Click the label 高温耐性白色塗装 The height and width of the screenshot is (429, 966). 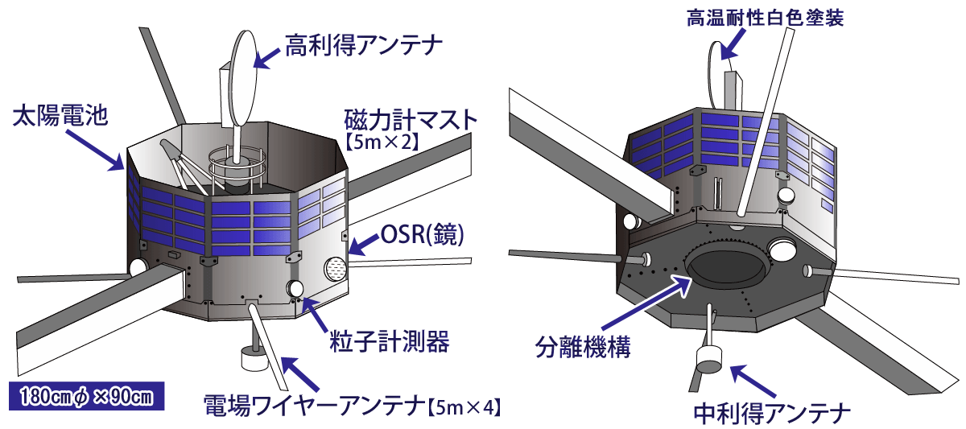(x=765, y=18)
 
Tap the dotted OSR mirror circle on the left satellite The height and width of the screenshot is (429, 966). (x=335, y=269)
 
